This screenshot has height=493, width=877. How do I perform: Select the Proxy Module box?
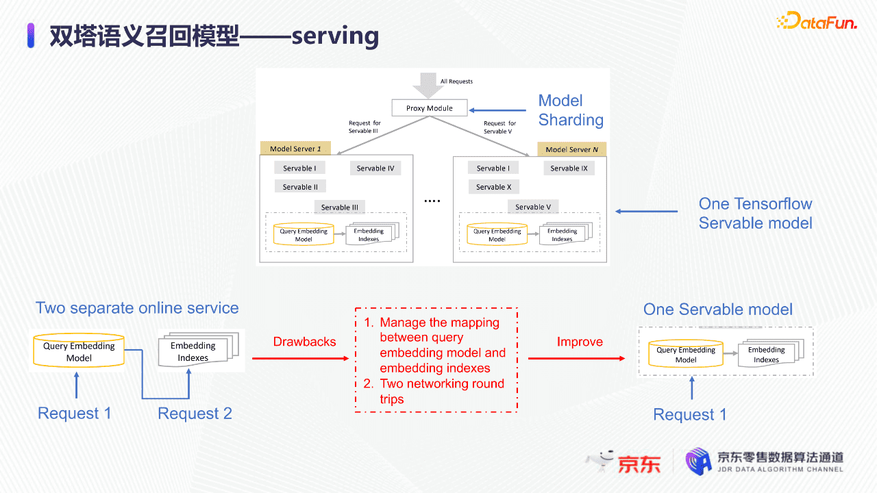click(x=430, y=108)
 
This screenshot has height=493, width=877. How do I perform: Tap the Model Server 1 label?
click(x=295, y=149)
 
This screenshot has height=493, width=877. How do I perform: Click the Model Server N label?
click(x=572, y=149)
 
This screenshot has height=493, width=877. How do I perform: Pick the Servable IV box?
click(x=375, y=168)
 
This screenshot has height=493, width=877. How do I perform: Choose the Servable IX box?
click(x=569, y=168)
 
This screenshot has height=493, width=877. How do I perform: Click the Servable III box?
click(x=340, y=207)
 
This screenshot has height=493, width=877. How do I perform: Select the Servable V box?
click(x=533, y=207)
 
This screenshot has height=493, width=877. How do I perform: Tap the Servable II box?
click(x=300, y=186)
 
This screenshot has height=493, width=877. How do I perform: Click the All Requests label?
click(x=456, y=81)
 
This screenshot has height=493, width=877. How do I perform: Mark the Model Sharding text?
click(x=571, y=110)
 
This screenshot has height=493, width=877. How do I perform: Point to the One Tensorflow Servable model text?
click(x=755, y=213)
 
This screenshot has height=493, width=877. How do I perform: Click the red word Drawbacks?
click(x=304, y=342)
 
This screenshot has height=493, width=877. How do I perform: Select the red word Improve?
click(x=580, y=342)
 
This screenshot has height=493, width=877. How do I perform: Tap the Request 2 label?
click(x=195, y=414)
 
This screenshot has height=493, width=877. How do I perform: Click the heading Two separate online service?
click(x=137, y=308)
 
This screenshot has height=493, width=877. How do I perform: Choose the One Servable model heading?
click(x=717, y=309)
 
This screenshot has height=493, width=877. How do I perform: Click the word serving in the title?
click(x=335, y=36)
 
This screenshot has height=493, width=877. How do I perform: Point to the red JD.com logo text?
click(x=639, y=464)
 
